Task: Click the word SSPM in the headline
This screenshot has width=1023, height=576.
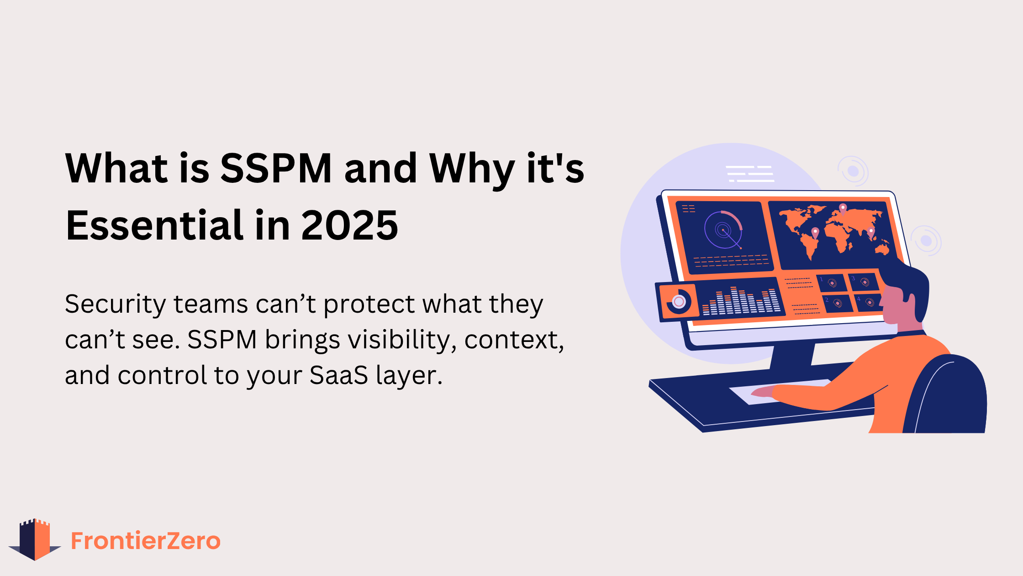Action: tap(276, 168)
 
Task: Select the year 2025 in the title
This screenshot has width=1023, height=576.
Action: tap(349, 225)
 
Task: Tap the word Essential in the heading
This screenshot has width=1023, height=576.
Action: tap(155, 225)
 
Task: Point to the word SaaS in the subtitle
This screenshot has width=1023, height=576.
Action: tap(338, 375)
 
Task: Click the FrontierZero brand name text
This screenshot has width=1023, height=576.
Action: tap(146, 541)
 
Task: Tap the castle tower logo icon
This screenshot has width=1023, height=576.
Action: tap(35, 539)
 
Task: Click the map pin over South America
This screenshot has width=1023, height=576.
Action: tap(815, 233)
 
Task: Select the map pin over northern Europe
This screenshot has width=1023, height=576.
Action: tap(843, 208)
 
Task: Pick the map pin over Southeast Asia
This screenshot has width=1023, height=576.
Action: tap(871, 232)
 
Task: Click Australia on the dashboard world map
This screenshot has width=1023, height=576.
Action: tap(882, 250)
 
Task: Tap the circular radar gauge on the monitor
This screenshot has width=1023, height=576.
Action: tap(723, 229)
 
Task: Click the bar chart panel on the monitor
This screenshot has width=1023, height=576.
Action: tap(740, 300)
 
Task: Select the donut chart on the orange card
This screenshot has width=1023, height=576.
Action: tap(679, 301)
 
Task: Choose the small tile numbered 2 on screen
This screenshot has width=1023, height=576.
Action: tap(837, 304)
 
